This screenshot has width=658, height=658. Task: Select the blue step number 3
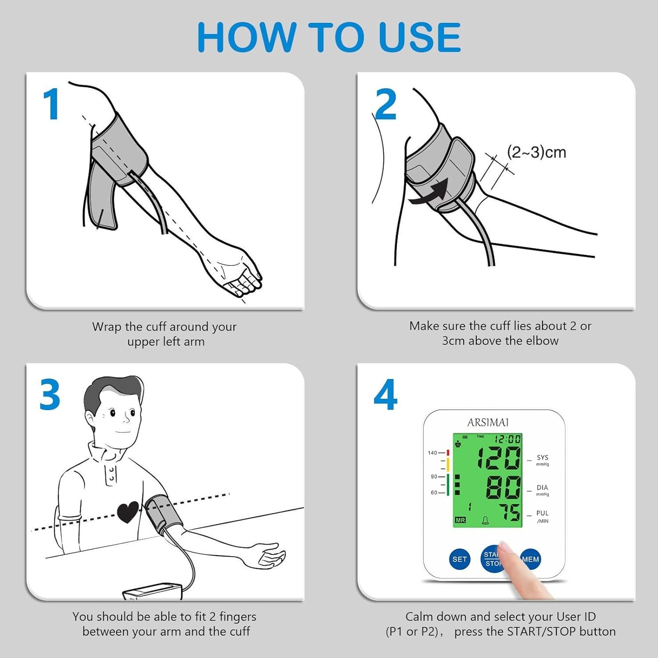[50, 395]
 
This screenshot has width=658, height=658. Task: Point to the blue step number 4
[386, 395]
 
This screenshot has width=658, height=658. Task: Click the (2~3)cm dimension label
[536, 152]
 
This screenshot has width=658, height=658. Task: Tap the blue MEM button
[530, 559]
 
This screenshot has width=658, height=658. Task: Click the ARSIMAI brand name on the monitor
[488, 422]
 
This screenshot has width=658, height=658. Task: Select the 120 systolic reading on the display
[499, 458]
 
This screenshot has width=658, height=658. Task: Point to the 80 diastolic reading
[503, 487]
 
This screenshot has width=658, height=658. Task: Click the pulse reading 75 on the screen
[510, 512]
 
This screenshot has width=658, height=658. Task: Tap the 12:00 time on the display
[508, 439]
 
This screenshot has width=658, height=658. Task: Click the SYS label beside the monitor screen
[543, 458]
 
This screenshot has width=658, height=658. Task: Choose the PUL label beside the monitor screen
[543, 513]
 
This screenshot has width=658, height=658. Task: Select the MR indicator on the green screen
[460, 520]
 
